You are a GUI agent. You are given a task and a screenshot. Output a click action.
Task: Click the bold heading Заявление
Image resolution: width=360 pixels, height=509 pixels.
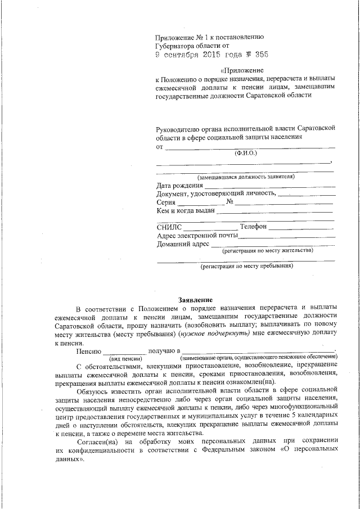click(x=195, y=299)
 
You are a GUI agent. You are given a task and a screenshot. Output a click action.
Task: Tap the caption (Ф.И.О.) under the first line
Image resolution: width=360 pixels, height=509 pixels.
click(x=246, y=153)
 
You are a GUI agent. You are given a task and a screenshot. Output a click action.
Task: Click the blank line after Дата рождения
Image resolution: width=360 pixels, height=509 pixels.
click(x=270, y=186)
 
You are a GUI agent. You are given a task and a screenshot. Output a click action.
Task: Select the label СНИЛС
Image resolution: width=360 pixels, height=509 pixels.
click(x=170, y=227)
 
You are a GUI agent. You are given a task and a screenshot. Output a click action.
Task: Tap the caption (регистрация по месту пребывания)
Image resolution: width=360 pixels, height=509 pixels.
click(x=247, y=266)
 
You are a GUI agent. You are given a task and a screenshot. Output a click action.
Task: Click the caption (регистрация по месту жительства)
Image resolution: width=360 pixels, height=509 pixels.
click(x=267, y=251)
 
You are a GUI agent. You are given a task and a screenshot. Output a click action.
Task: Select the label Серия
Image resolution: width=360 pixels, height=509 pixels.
click(x=165, y=202)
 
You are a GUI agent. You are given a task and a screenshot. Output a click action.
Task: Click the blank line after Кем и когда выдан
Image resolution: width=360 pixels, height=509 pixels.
click(x=276, y=212)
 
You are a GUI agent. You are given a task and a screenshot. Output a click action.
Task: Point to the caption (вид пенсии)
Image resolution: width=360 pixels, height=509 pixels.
click(x=125, y=358)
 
